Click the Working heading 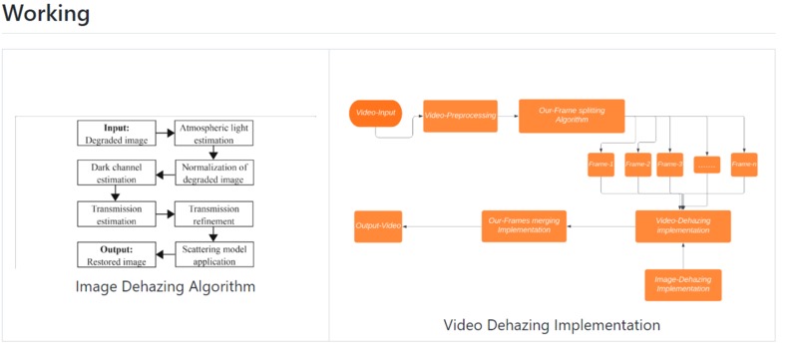coord(47,15)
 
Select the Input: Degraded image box coord(117,134)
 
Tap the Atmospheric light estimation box coord(214,134)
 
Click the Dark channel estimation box coord(117,174)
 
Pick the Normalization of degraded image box coord(214,174)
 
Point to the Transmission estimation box coord(117,214)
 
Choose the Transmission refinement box coord(214,214)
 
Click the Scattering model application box coord(214,254)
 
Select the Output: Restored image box coord(117,254)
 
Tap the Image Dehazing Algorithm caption coord(166,287)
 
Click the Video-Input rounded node coord(376,114)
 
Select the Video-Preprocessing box coord(460,116)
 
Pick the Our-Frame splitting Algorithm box coord(572,116)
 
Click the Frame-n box coord(744,164)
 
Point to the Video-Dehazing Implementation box coord(683,226)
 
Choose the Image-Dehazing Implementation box coord(682,284)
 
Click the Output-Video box coord(378,226)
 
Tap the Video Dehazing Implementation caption coord(552,325)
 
